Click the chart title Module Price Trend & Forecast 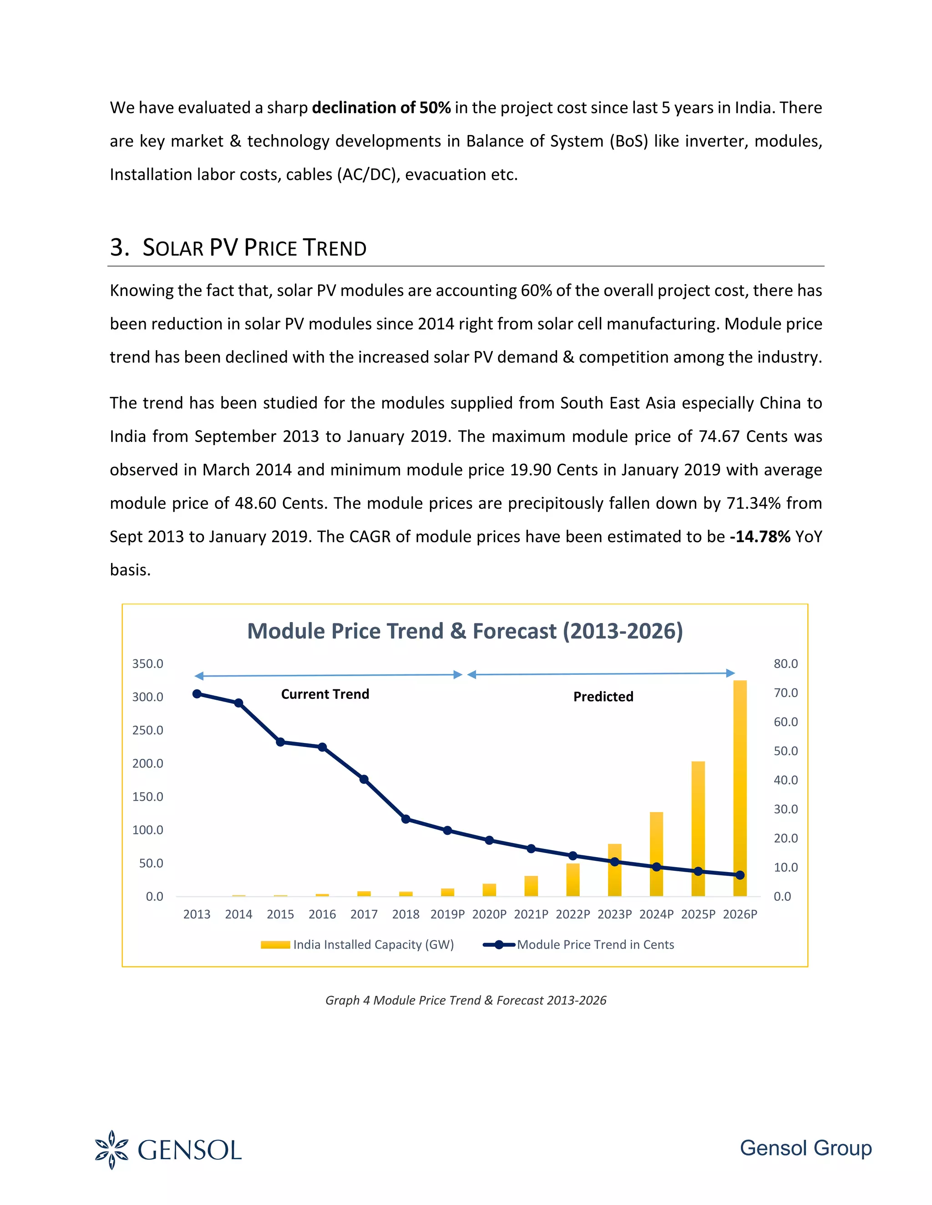[465, 631]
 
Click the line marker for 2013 [197, 693]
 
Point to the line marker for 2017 [364, 779]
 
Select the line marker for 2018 [406, 819]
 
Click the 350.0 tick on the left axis [147, 664]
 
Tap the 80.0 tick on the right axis [785, 664]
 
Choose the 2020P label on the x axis [489, 914]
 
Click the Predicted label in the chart [603, 697]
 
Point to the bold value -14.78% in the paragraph [760, 536]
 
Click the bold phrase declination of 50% [381, 108]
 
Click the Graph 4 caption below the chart [466, 1000]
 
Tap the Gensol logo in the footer [168, 1150]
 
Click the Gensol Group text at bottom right [805, 1148]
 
